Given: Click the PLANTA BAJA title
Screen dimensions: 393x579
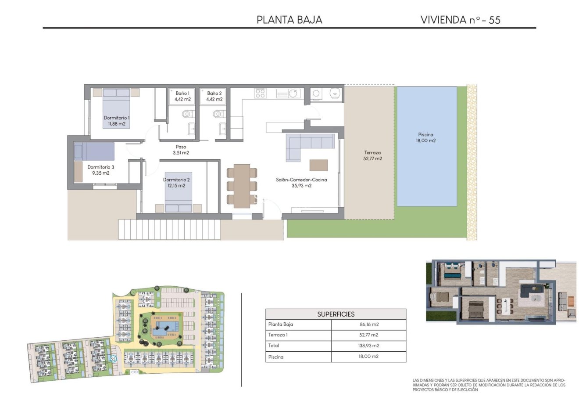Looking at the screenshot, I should [289, 20].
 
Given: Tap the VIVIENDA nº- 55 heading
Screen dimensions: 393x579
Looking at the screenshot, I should [460, 20].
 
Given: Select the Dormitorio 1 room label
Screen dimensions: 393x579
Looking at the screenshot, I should [117, 121].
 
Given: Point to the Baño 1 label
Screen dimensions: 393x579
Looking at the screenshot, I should [182, 96].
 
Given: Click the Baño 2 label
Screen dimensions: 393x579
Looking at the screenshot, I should [214, 96].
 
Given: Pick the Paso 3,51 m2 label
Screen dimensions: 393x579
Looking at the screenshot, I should [181, 150].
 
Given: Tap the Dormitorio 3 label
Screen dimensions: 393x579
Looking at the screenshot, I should [100, 170].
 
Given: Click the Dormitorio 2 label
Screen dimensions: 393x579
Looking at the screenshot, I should [176, 183].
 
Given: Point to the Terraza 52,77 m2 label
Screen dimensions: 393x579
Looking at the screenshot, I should [372, 155].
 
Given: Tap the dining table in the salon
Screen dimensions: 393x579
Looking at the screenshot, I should [242, 186].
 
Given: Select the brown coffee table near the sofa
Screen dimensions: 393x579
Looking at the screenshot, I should [318, 165].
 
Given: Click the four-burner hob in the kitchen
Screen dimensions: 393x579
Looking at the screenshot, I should [260, 93].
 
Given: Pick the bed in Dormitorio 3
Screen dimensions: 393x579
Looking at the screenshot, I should [94, 151].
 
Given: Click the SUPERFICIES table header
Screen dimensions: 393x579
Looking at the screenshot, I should [336, 314].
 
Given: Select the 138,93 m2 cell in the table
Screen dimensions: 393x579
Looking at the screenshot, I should [368, 346].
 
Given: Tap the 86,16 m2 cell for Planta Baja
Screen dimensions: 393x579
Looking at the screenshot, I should [368, 324].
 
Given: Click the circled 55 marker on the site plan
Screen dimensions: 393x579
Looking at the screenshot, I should [113, 359].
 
